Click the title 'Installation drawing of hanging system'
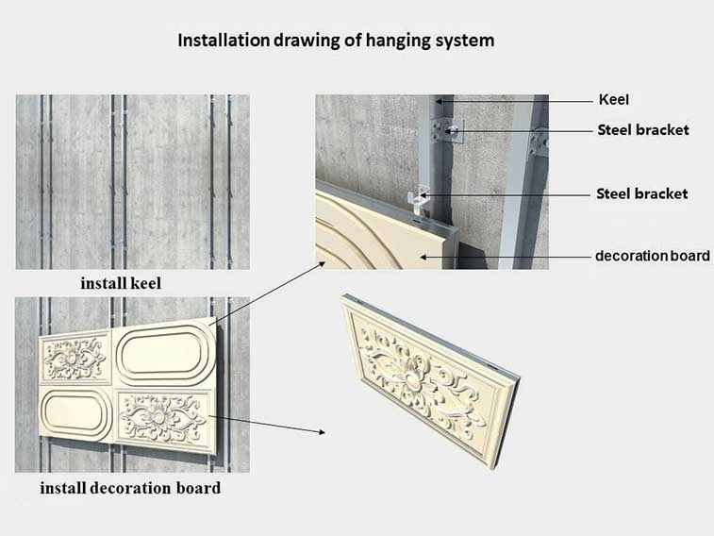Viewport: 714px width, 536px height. tap(336, 41)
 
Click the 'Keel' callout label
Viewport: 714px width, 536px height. tap(614, 100)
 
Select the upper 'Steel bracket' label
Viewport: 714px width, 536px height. tap(643, 130)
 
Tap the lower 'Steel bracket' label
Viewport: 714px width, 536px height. tap(642, 194)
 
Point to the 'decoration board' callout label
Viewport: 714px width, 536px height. tap(652, 256)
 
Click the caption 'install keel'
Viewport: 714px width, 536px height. tap(121, 283)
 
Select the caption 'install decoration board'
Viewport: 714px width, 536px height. tap(130, 488)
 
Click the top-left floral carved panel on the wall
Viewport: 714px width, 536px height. tap(75, 359)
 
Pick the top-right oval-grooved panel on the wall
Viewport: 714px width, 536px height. tap(165, 352)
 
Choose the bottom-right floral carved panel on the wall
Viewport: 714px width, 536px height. tap(165, 419)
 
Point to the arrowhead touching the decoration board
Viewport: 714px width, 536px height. tap(423, 258)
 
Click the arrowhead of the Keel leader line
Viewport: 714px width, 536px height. tap(439, 101)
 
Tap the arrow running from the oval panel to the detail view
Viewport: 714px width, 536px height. tap(267, 293)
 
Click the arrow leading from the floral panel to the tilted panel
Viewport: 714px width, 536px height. tap(267, 425)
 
